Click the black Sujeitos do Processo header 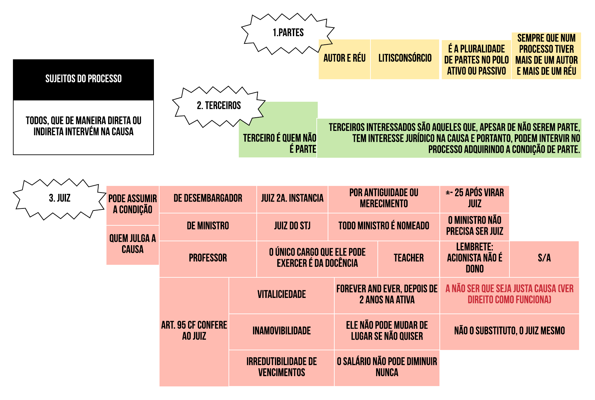(x=83, y=79)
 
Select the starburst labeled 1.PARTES (x=288, y=33)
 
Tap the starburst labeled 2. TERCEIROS (x=219, y=106)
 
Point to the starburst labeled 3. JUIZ (x=60, y=198)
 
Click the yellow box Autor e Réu (x=344, y=59)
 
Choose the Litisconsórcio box (x=405, y=59)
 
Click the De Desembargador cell (x=208, y=199)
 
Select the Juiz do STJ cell (x=292, y=226)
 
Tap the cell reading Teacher (x=408, y=258)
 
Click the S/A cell (x=544, y=258)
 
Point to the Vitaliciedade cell (x=281, y=295)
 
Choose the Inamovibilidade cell (x=281, y=331)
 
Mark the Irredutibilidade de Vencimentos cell (x=281, y=367)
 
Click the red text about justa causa (x=509, y=294)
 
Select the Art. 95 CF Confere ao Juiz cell (x=194, y=331)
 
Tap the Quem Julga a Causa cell (x=132, y=244)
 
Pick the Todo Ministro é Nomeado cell (x=383, y=226)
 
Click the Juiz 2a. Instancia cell (x=292, y=199)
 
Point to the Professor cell (x=208, y=258)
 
